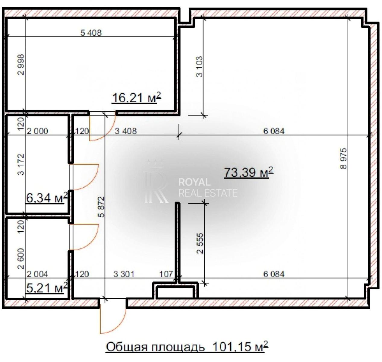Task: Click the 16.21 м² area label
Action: coord(137,98)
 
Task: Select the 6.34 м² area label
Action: coord(47,198)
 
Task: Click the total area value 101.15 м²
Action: coord(241,347)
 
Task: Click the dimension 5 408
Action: coord(91,33)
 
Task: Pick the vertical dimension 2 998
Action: coord(21,65)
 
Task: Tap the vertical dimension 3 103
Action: coord(200,67)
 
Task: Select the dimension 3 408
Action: coord(126,131)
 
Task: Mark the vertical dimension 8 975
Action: coord(343,159)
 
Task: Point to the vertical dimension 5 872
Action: coord(101,207)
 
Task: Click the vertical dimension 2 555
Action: coord(200,243)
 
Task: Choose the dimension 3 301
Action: coord(124,274)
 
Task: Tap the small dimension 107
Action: coord(166,274)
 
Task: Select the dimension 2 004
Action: coord(37,274)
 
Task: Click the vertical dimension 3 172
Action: coord(21,164)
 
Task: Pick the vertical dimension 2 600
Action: coord(21,259)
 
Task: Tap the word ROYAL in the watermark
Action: coord(194,182)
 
